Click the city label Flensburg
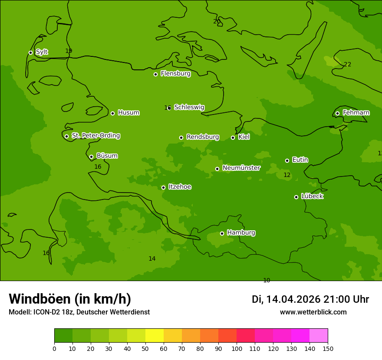[x=175, y=74]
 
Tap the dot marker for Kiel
[x=233, y=137]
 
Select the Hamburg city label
[x=241, y=233]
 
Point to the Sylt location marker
[x=30, y=52]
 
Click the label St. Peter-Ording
[x=95, y=136]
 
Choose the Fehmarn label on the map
[x=356, y=113]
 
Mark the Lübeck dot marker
[x=296, y=197]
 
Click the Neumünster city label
[x=241, y=168]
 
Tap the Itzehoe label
[x=180, y=187]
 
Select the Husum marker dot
[x=112, y=113]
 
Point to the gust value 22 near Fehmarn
[x=347, y=65]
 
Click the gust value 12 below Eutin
[x=287, y=175]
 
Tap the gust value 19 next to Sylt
[x=69, y=51]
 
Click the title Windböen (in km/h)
[x=70, y=299]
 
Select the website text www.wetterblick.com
[x=313, y=312]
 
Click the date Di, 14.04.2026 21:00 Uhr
[x=310, y=299]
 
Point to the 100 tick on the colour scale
[x=237, y=348]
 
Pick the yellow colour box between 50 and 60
[x=155, y=336]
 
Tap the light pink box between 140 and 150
[x=319, y=336]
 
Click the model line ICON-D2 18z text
[x=79, y=312]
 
